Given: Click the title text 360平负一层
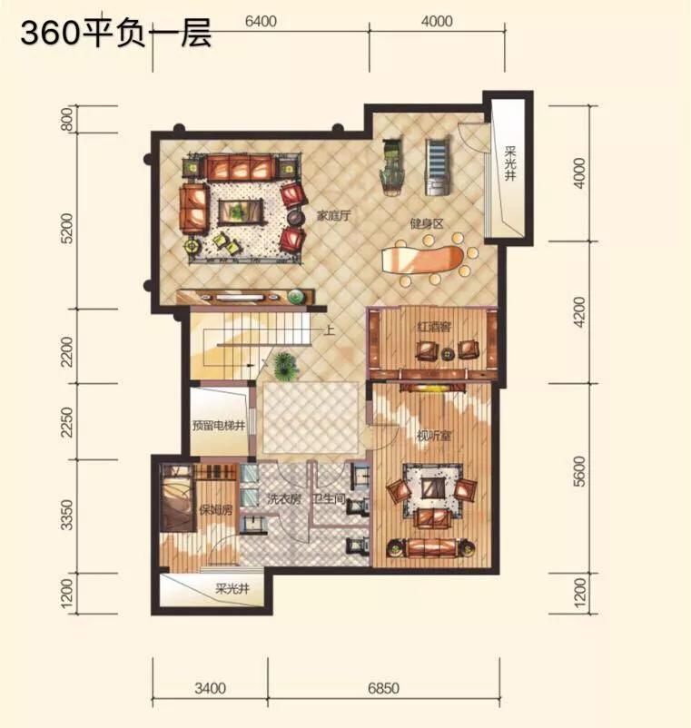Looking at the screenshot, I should (115, 34).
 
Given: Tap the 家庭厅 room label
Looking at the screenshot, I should (333, 216).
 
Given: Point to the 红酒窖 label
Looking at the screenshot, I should (434, 325).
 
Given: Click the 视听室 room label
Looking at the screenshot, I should (435, 432).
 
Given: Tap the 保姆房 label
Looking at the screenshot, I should (216, 510).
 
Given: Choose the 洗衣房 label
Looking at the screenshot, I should (282, 498).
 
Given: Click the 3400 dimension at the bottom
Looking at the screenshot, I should (210, 689).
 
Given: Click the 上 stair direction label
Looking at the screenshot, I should (328, 330).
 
